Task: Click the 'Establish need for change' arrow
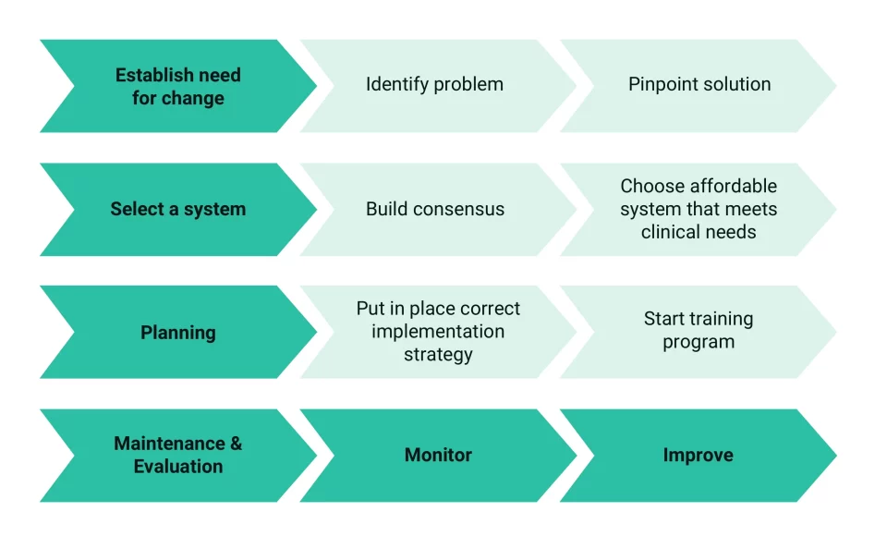pos(178,86)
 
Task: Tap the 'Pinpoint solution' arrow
pos(699,86)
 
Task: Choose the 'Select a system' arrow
pos(178,209)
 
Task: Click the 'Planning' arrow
pos(178,332)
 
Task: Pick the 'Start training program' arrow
pos(699,332)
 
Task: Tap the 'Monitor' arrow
pos(438,456)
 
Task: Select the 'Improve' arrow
pos(699,456)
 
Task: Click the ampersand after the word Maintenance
pos(236,444)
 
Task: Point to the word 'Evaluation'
pos(178,467)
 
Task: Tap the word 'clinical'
pos(668,232)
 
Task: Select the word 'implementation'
pos(438,332)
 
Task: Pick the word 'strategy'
pos(438,355)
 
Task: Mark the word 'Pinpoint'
pos(660,84)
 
